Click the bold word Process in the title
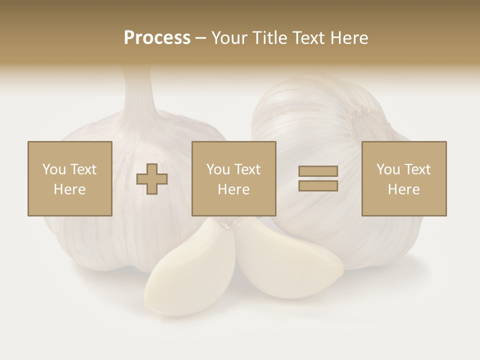pos(157,38)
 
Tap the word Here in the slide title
pos(348,38)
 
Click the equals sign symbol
pos(318,178)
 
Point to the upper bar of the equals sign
pos(318,171)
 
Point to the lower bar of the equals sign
pos(318,185)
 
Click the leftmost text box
pos(69,178)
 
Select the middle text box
pos(233,178)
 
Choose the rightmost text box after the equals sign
pos(403,178)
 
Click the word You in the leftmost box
pos(53,169)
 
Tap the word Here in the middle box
pos(233,189)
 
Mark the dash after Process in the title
pos(200,38)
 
